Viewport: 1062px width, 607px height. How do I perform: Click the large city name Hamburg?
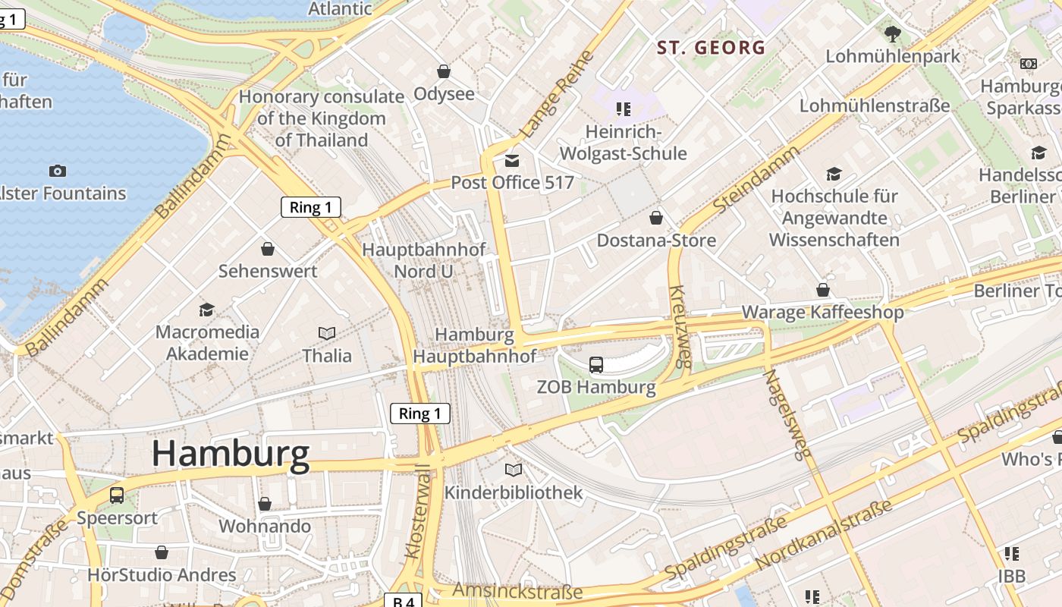pos(231,454)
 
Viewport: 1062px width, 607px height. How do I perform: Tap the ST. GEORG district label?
pos(711,48)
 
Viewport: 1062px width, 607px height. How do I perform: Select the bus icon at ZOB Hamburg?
pos(596,365)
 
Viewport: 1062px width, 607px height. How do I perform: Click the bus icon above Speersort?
pos(117,495)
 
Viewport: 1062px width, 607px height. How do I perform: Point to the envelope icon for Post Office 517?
pos(512,160)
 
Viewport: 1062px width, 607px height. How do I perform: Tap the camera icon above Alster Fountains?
pos(57,171)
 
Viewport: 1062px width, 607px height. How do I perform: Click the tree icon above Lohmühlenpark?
pos(892,33)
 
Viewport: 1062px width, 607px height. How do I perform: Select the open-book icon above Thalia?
pos(327,333)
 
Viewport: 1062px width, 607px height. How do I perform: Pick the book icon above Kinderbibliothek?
pos(514,470)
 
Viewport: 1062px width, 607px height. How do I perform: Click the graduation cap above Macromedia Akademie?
pos(206,310)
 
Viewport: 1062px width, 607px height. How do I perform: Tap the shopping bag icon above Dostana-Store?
pos(656,219)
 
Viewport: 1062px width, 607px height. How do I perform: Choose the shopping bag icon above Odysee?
pos(444,71)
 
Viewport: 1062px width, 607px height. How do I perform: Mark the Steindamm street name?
pos(756,179)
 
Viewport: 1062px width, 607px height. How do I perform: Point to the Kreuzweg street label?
pos(679,326)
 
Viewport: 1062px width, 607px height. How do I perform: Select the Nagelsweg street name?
pos(783,414)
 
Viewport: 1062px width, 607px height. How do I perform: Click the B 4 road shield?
pos(403,600)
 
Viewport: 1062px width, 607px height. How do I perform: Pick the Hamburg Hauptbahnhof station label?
pos(475,345)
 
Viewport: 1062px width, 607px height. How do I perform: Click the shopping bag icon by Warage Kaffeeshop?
pos(823,290)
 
